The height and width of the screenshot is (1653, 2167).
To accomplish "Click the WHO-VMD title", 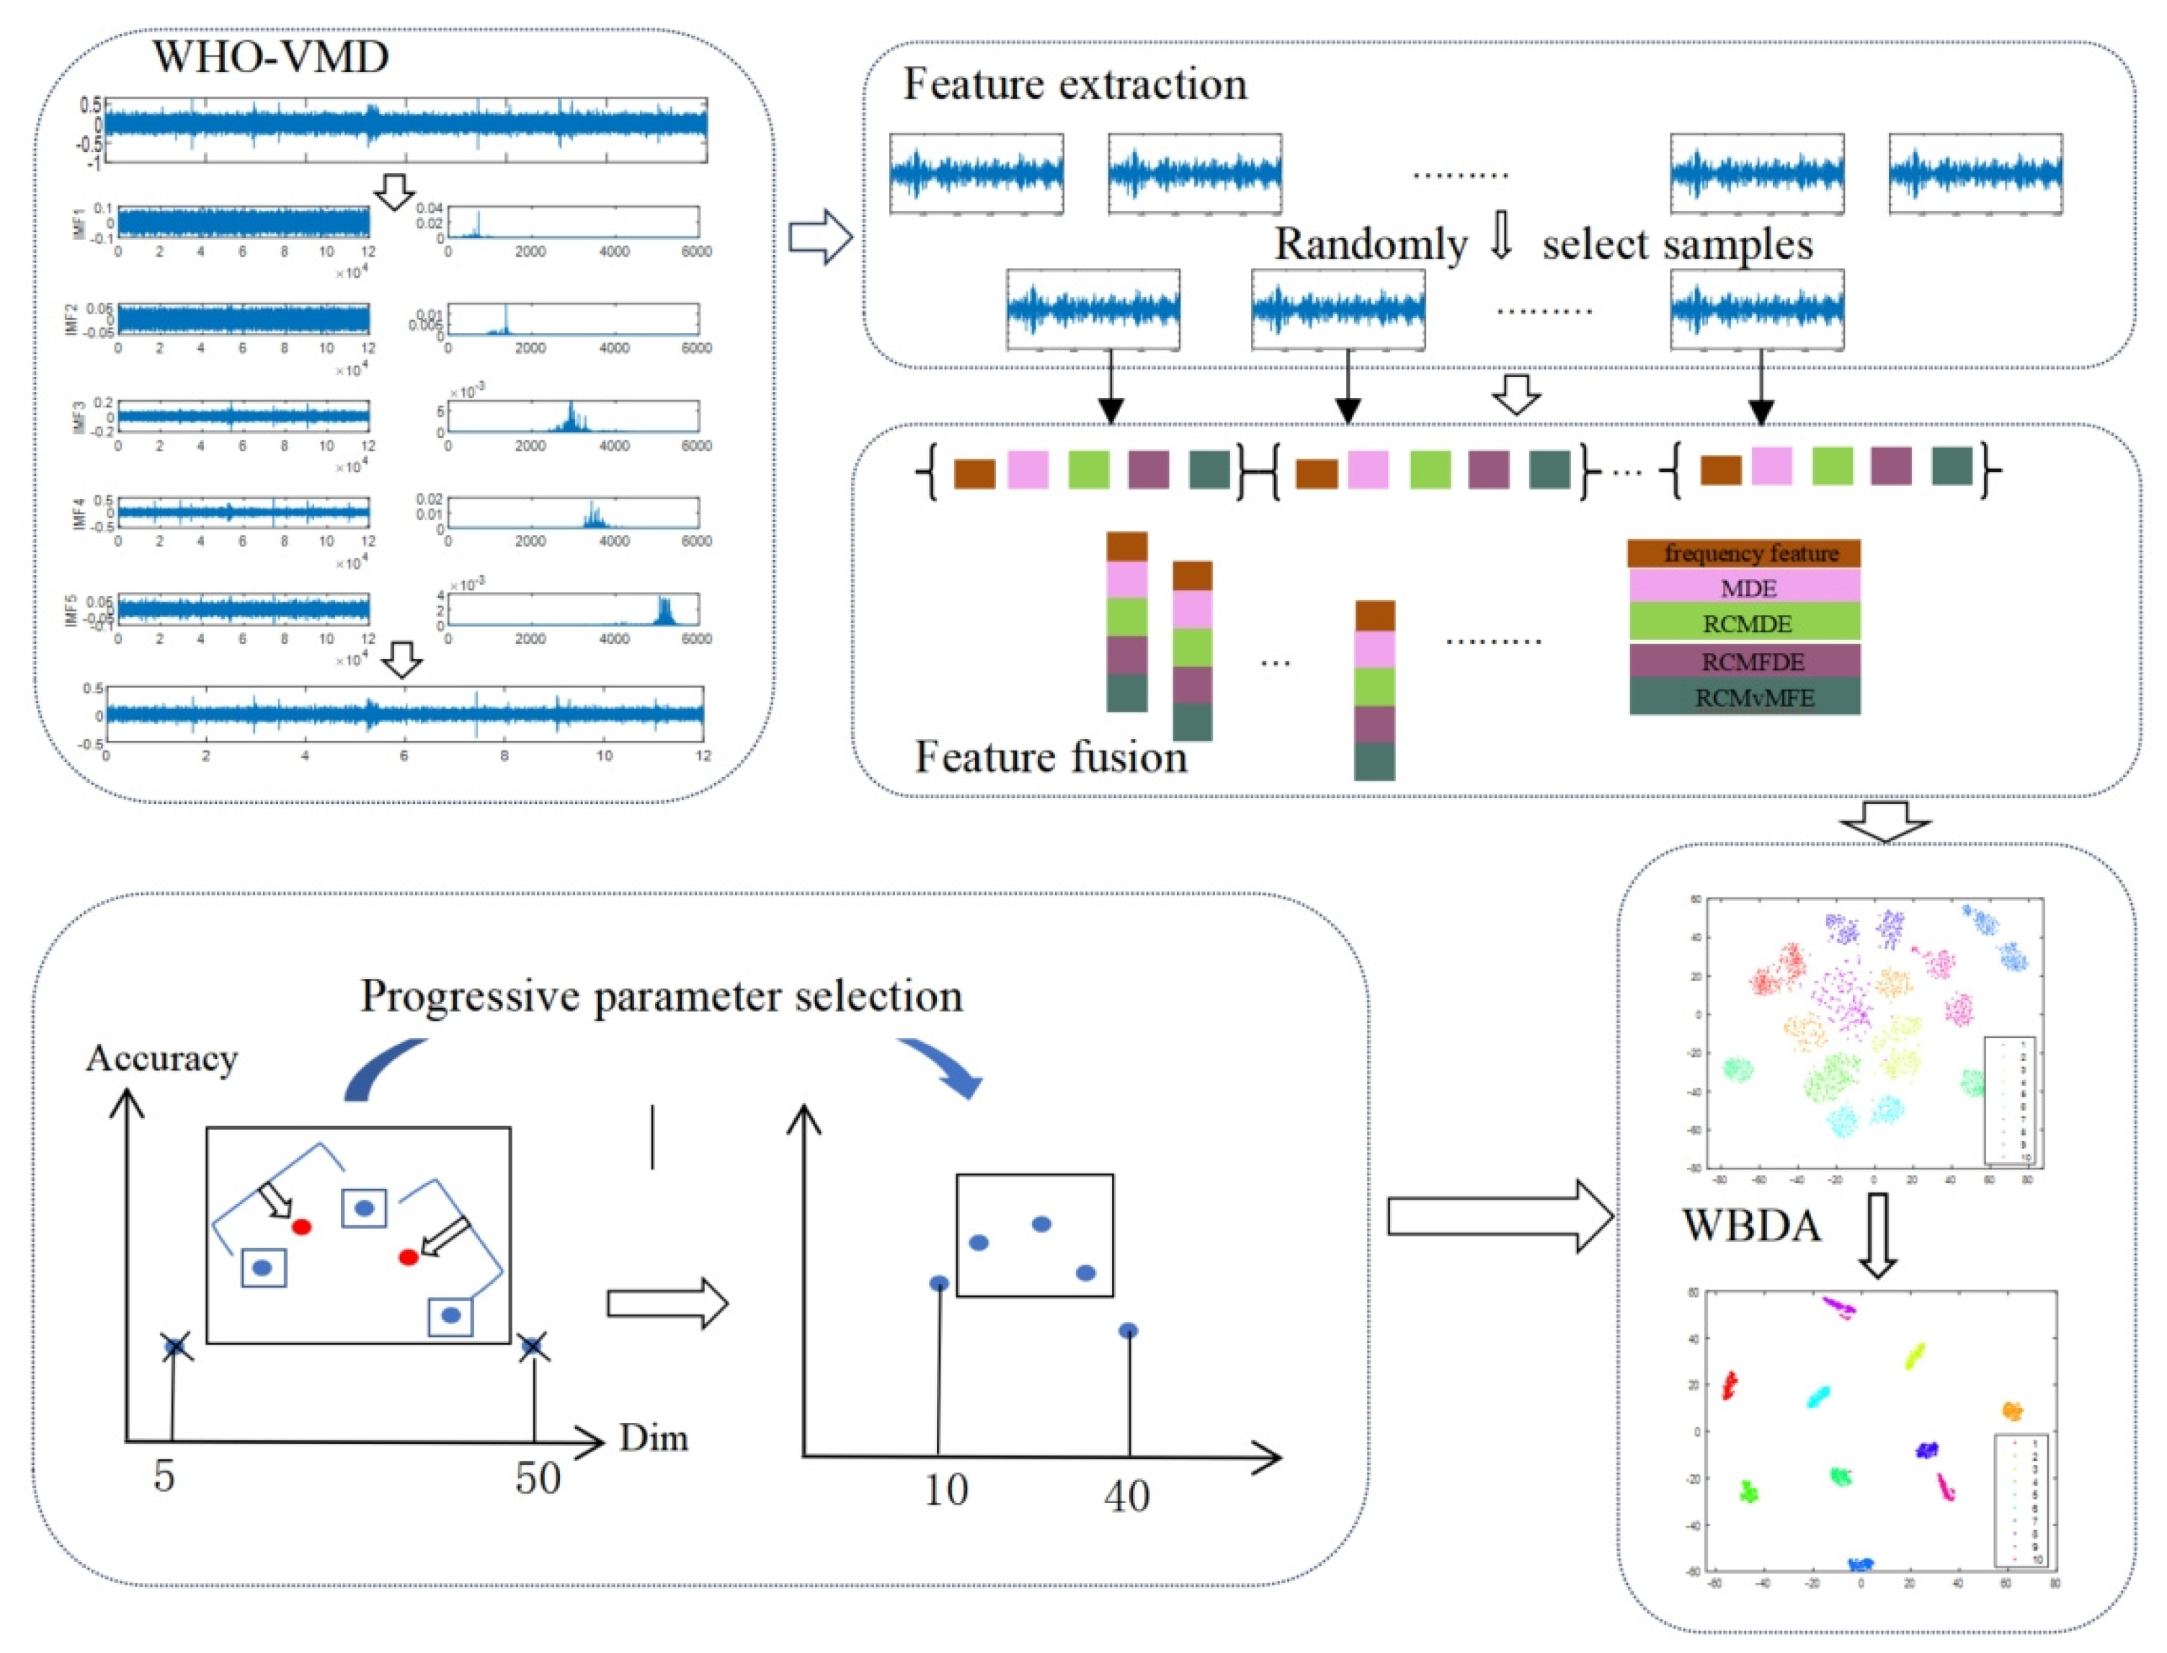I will pyautogui.click(x=270, y=57).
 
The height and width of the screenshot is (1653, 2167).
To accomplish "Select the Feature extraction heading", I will pyautogui.click(x=1074, y=84).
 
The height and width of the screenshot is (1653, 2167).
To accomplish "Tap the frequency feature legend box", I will pyautogui.click(x=1743, y=553).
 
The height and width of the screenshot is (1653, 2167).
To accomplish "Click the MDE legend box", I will pyautogui.click(x=1743, y=588).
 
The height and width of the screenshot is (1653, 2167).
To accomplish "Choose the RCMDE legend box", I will pyautogui.click(x=1743, y=624).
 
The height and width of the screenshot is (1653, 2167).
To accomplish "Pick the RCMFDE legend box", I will pyautogui.click(x=1743, y=661).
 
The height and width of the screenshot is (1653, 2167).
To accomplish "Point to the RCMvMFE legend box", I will pyautogui.click(x=1743, y=698).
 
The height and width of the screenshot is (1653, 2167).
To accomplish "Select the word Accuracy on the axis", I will pyautogui.click(x=162, y=1059).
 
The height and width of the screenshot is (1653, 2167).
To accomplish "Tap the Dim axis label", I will pyautogui.click(x=653, y=1438).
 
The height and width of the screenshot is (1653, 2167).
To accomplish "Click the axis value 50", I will pyautogui.click(x=538, y=1479).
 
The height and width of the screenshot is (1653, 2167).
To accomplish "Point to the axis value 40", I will pyautogui.click(x=1126, y=1497).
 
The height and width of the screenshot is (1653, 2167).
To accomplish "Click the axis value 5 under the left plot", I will pyautogui.click(x=164, y=1476).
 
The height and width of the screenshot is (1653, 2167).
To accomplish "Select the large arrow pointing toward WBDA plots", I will pyautogui.click(x=1499, y=1218).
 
